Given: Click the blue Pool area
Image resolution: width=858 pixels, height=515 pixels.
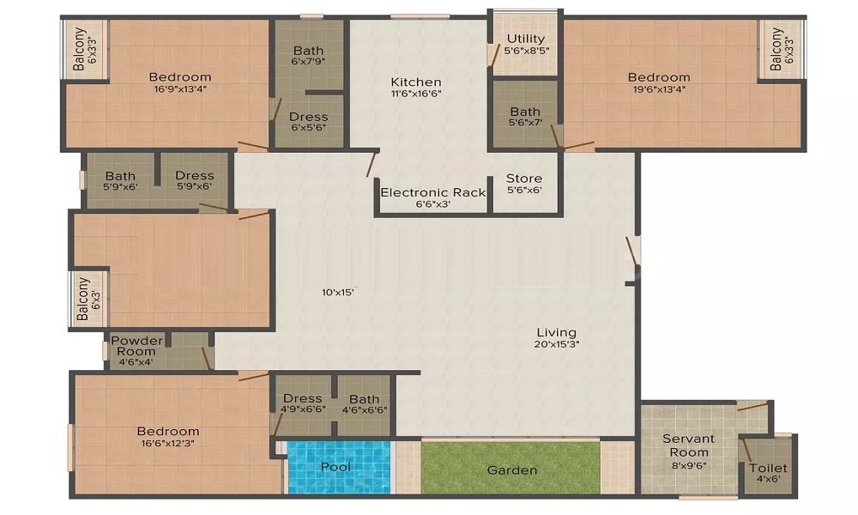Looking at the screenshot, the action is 339,468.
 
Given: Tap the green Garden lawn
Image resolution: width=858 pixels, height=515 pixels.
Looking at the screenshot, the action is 511,468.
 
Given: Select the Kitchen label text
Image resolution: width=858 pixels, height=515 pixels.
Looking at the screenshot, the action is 416,82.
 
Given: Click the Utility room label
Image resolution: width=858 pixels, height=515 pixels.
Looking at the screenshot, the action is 525,39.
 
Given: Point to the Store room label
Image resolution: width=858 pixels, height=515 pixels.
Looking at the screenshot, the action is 524,179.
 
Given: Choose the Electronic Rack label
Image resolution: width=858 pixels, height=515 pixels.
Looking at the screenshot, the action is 432,192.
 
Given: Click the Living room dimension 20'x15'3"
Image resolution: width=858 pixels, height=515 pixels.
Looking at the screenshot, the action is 557,344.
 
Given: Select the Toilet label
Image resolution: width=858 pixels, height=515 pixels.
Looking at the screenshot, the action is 768,468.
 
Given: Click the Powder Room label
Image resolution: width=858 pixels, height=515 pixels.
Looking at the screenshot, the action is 136,346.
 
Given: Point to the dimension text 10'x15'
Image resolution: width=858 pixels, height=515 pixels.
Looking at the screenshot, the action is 338,292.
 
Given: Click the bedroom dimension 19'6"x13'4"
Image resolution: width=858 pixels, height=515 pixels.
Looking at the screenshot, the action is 659,89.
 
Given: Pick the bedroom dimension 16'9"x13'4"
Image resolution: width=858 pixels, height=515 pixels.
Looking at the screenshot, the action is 180,89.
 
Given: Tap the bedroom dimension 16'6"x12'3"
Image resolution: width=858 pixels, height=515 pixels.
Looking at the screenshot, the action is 168,443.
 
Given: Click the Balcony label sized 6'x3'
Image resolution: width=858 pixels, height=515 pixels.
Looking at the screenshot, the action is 82,299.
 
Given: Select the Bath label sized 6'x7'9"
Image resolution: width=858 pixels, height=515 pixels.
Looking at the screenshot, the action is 308,51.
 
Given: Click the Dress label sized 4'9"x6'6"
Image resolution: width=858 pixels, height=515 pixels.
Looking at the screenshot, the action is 302,398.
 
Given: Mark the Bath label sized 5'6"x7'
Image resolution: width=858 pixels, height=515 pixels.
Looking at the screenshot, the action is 525,112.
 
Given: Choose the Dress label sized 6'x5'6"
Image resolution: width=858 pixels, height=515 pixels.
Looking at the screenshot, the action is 309,117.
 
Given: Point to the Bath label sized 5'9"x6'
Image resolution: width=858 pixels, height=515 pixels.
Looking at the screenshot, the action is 120,176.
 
